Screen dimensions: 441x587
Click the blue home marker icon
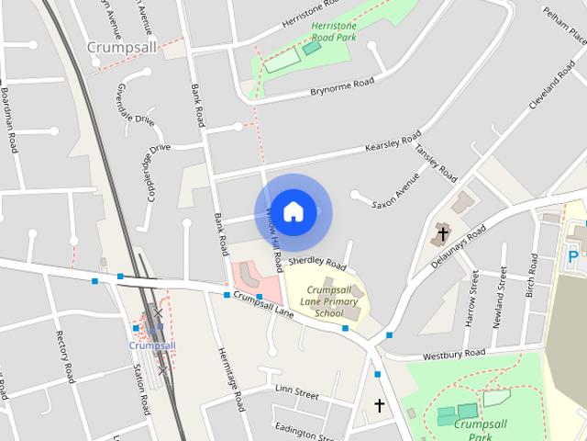[293, 212]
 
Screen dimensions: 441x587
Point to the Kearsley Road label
[393, 141]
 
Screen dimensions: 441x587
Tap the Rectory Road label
[63, 356]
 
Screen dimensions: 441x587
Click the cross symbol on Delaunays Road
[443, 233]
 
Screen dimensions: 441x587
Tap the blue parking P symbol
[574, 256]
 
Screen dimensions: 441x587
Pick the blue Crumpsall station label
[151, 345]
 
